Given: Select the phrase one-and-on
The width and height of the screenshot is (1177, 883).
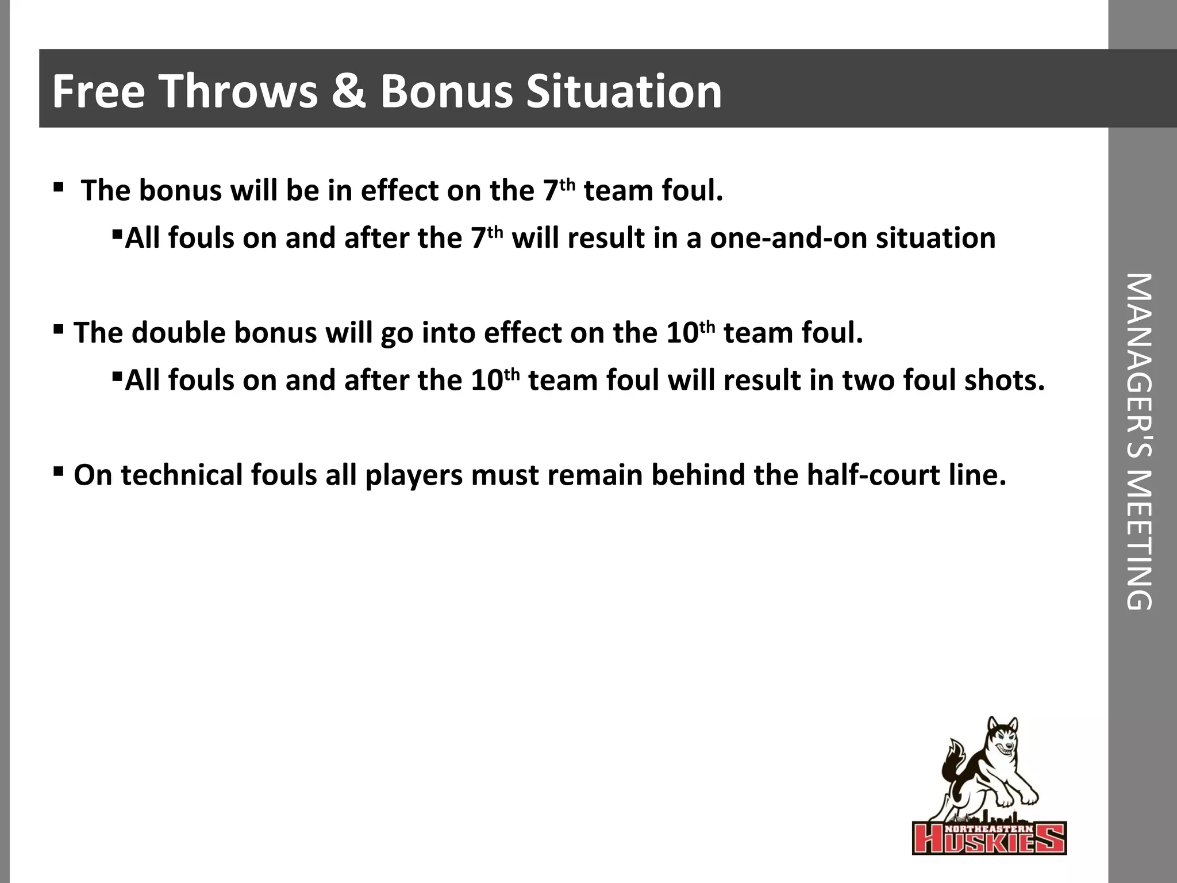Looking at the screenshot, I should (x=788, y=238).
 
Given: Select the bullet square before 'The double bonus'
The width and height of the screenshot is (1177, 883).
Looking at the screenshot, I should (x=58, y=330).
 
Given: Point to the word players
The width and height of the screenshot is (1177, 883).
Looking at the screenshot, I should (x=414, y=475).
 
